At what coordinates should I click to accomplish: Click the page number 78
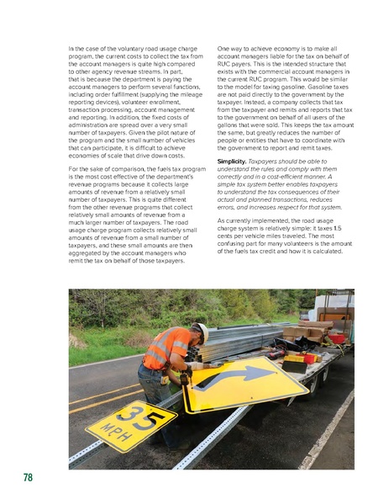[28, 478]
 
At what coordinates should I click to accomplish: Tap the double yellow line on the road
[92, 399]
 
